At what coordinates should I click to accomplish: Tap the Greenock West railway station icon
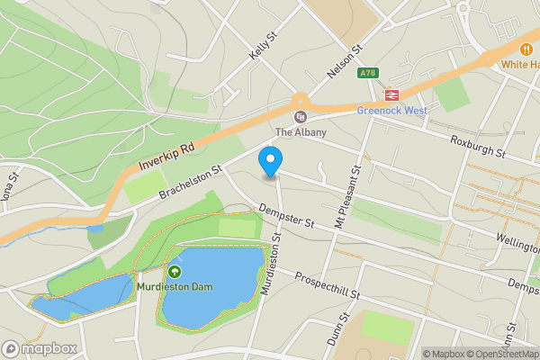(391, 94)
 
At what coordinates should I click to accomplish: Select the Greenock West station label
(391, 112)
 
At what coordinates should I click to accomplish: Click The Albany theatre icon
(300, 115)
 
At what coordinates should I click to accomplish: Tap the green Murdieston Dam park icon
(174, 271)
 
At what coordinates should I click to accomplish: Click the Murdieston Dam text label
(174, 287)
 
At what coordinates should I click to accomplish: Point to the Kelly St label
(262, 47)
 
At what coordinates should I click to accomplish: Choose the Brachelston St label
(190, 183)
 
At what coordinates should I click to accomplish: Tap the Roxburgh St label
(479, 148)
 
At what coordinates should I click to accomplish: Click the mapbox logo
(40, 348)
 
